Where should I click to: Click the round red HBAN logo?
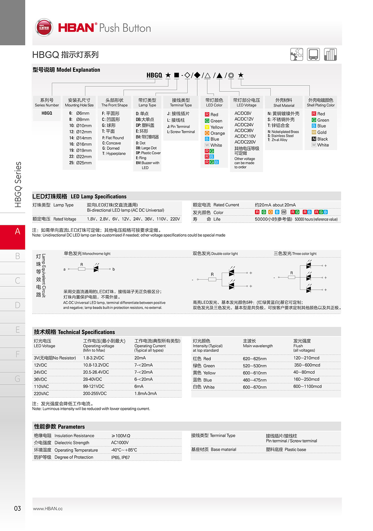click(x=44, y=28)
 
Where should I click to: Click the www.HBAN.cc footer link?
click(x=48, y=509)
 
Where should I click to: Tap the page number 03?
click(x=18, y=508)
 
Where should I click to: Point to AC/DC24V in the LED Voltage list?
click(x=244, y=125)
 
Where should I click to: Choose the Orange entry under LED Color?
click(x=215, y=133)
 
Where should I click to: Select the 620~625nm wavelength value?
click(x=254, y=358)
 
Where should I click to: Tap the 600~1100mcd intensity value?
click(x=307, y=386)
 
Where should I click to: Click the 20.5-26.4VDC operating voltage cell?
click(x=96, y=372)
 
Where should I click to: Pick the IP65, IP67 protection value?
click(x=120, y=457)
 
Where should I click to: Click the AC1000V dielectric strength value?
click(x=120, y=442)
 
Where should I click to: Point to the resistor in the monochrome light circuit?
click(x=82, y=269)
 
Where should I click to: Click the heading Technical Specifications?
click(x=74, y=332)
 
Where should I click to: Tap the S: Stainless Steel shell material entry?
click(x=280, y=136)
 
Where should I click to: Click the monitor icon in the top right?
click(x=313, y=55)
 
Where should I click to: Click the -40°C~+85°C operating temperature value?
click(x=124, y=450)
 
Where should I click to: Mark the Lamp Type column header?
click(x=147, y=102)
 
